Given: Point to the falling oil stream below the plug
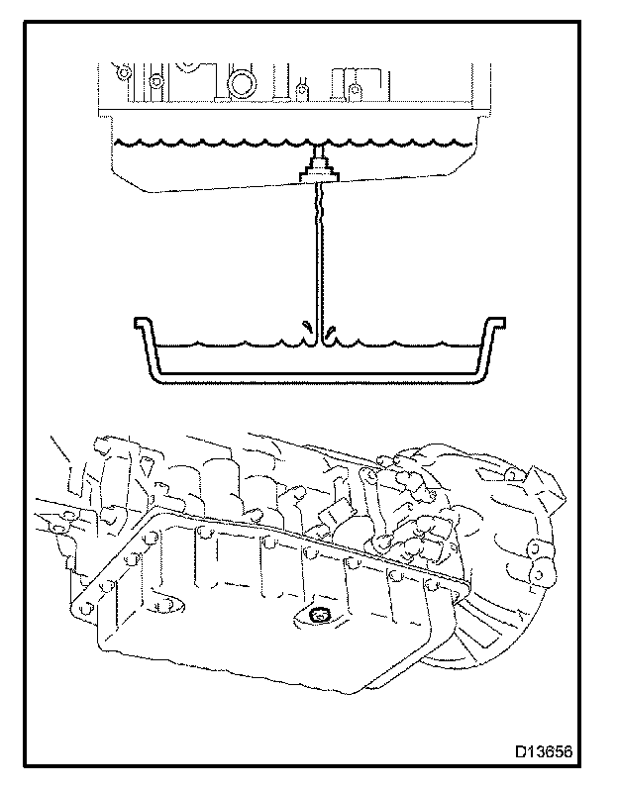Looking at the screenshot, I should [318, 257].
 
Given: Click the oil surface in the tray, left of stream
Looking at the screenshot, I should [228, 346].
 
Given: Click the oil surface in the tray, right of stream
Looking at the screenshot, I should [406, 346].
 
